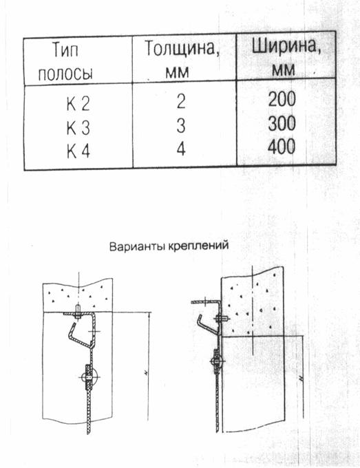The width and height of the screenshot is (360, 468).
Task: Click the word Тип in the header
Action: coord(65,50)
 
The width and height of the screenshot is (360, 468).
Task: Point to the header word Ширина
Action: coord(286,46)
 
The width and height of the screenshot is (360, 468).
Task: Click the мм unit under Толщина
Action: coord(178,72)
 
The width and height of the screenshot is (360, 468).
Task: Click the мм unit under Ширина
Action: coord(284,70)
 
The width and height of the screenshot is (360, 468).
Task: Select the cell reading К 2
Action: coord(78,104)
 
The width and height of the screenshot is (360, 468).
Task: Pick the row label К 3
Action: coord(78,128)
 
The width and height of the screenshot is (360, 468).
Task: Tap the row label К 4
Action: coord(78,151)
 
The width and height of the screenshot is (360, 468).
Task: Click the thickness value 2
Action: coord(181,101)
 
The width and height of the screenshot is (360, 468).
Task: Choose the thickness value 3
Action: coord(181,125)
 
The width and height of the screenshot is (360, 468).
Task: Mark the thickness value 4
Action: coord(181,149)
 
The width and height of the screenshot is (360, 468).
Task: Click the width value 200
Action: coord(282,99)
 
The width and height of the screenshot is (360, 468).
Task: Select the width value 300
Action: coord(282,123)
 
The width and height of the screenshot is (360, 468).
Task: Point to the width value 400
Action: coord(282,147)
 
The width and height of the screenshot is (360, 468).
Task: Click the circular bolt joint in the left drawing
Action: coord(90,377)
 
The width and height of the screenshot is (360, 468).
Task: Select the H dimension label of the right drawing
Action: coord(301,379)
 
